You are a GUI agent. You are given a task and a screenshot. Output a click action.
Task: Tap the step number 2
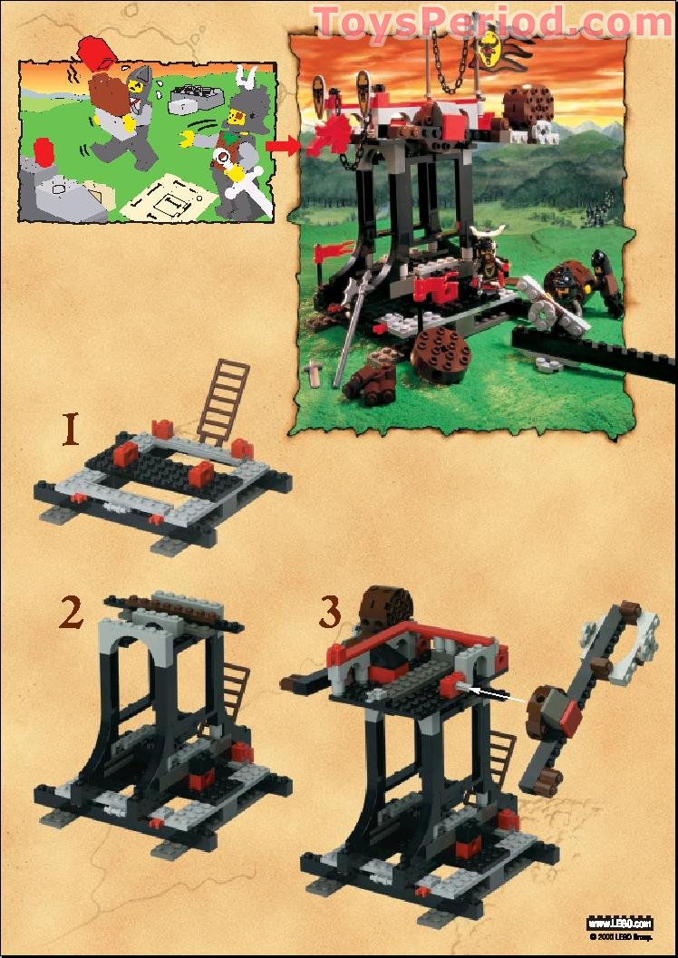click(71, 613)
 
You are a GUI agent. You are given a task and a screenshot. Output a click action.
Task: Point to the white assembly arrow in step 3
click(490, 693)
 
